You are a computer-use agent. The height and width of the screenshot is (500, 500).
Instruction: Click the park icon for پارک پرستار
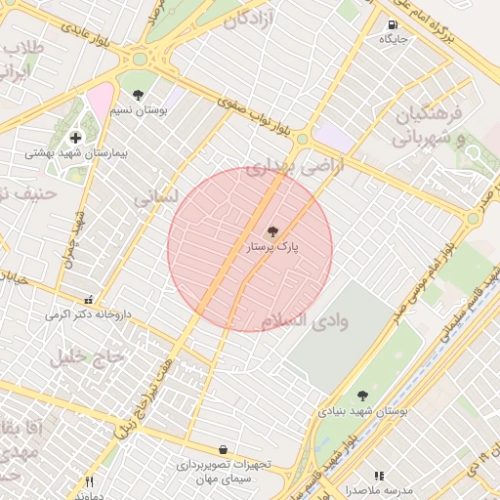pyautogui.click(x=272, y=232)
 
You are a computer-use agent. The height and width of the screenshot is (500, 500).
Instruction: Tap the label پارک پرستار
pyautogui.click(x=272, y=249)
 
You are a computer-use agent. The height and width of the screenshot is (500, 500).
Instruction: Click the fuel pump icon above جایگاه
pyautogui.click(x=393, y=25)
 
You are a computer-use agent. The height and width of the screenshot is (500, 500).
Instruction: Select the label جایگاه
pyautogui.click(x=393, y=40)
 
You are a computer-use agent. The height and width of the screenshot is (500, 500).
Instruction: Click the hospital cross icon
pyautogui.click(x=75, y=138)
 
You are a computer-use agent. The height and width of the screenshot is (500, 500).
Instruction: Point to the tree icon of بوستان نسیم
pyautogui.click(x=137, y=96)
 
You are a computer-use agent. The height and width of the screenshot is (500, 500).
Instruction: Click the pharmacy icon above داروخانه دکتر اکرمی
pyautogui.click(x=90, y=300)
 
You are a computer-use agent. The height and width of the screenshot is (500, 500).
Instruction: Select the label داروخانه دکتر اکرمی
pyautogui.click(x=87, y=315)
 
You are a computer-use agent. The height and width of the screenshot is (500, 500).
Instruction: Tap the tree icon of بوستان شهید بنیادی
pyautogui.click(x=362, y=396)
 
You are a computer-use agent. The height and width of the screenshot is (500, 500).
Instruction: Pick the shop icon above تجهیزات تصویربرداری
pyautogui.click(x=224, y=449)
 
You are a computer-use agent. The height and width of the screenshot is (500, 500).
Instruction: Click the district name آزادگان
pyautogui.click(x=259, y=19)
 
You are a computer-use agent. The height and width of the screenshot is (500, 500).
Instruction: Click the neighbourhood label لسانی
pyautogui.click(x=156, y=197)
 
